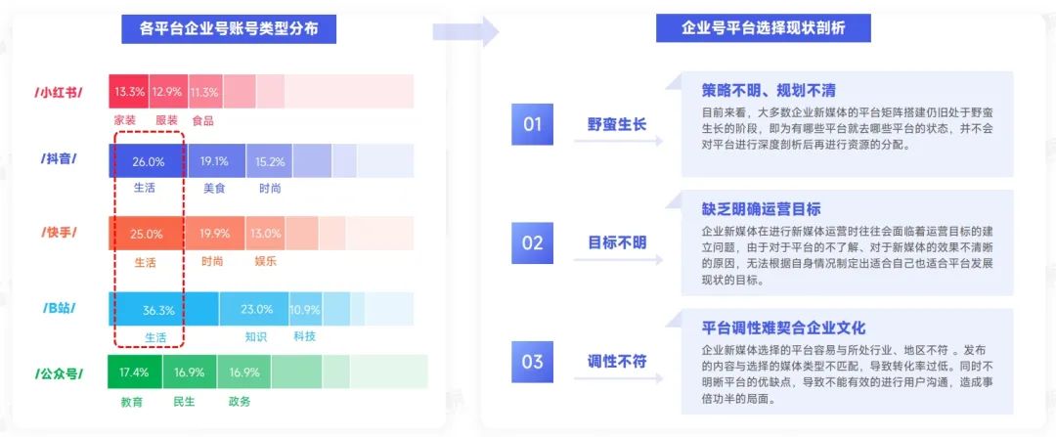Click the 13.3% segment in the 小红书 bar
pos(129,92)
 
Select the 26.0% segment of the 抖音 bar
pos(149,161)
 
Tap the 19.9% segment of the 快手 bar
pos(214,234)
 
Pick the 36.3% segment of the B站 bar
pos(163,310)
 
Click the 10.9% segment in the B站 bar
pos(305,310)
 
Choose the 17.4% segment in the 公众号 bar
pos(135,371)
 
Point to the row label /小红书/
pos(59,93)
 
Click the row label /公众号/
pos(59,373)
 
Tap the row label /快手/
pos(59,233)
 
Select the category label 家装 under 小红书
pos(125,120)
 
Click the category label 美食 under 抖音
pos(214,189)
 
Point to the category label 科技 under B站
pos(304,336)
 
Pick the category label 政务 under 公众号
pos(240,402)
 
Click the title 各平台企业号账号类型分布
pos(229,29)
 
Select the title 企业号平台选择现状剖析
pos(764,28)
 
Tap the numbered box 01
pos(532,124)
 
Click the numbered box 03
pos(532,362)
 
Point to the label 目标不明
pos(618,242)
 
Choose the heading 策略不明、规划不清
pos(769,90)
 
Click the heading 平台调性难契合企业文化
pos(783,328)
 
